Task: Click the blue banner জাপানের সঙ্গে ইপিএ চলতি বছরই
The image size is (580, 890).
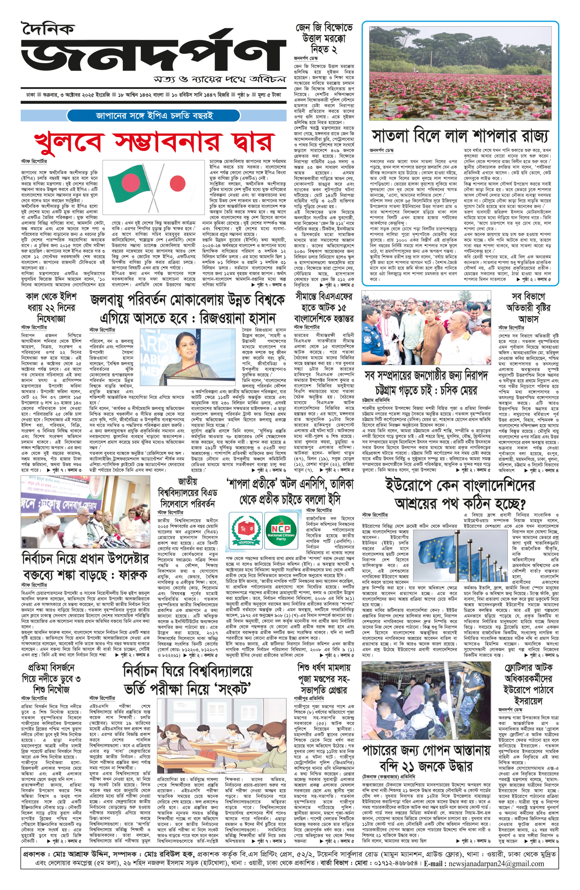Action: point(153,115)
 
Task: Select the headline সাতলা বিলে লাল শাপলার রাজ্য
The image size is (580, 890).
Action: point(461,135)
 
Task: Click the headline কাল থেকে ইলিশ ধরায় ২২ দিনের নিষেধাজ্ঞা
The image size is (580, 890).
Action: point(51,307)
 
